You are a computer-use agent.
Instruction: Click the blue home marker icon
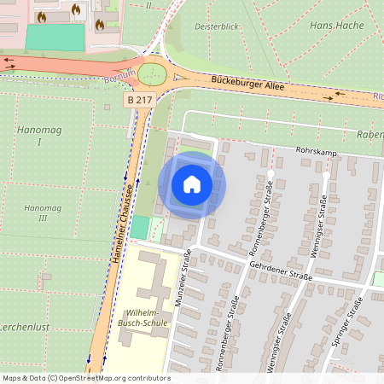coord(192,184)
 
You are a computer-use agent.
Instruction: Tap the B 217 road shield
coord(141,100)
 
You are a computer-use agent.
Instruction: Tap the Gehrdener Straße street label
coord(278,269)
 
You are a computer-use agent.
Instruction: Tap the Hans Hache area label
coord(336,26)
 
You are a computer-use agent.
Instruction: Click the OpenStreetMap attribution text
coord(85,378)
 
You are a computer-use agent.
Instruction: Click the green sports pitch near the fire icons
coord(55,37)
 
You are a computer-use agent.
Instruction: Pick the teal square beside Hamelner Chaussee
coord(139,227)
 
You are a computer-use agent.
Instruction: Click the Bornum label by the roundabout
coord(119,78)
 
